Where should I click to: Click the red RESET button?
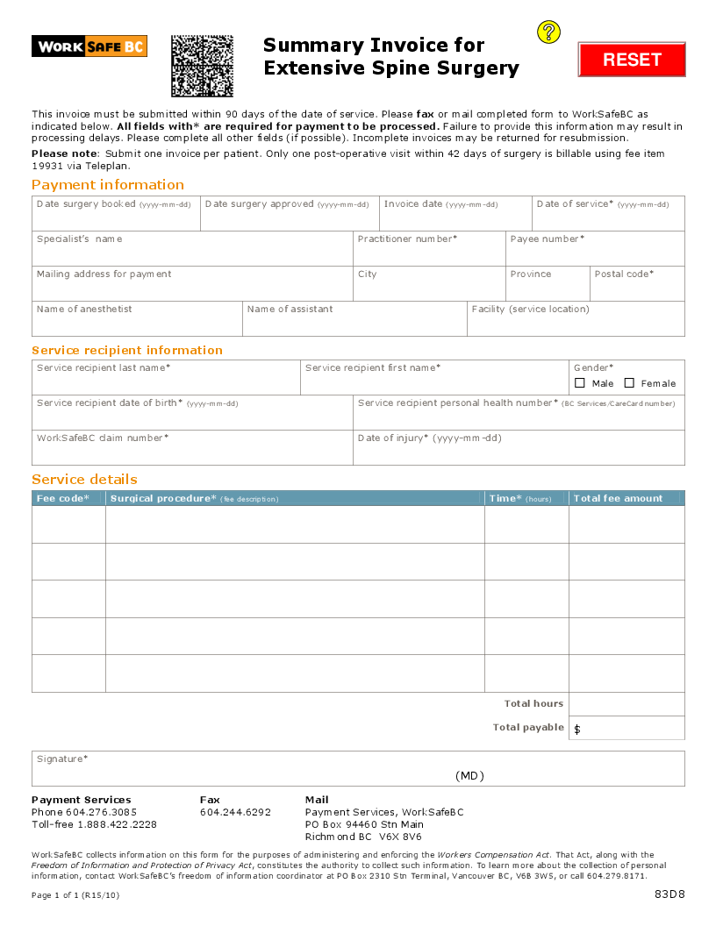632,60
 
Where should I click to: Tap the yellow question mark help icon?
548,33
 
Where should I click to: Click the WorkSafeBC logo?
89,46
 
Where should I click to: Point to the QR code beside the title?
202,66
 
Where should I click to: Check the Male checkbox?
580,383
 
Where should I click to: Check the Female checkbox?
629,383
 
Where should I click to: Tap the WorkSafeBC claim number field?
192,452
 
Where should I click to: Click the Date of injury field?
518,452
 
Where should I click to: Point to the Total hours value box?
626,704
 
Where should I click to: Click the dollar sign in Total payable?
577,730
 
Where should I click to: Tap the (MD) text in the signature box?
469,776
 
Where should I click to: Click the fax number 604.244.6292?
235,812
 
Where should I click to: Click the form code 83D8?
669,894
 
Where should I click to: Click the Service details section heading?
84,480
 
